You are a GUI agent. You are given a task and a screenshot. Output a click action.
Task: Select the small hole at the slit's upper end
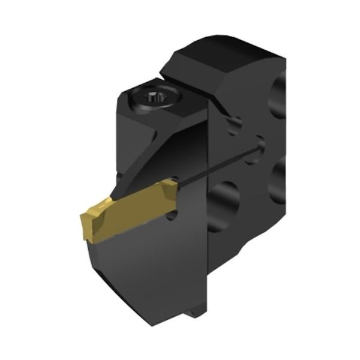(x=259, y=143)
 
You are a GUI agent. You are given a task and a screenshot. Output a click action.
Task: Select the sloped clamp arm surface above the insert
(x=162, y=150)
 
